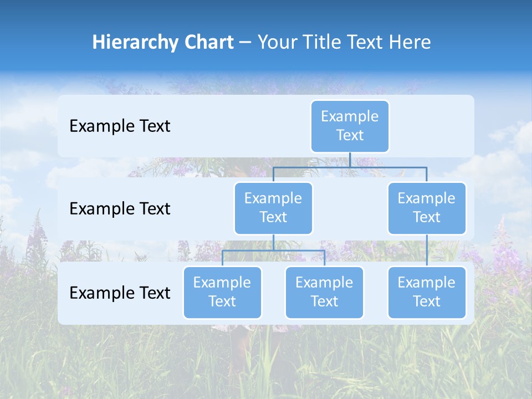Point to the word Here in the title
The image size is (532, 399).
[409, 43]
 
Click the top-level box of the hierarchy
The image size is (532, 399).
[350, 126]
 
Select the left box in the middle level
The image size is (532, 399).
[273, 208]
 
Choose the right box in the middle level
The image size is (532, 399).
[427, 208]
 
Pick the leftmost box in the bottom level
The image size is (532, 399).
[222, 292]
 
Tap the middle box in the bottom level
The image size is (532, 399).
[324, 292]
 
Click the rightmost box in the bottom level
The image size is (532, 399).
[427, 292]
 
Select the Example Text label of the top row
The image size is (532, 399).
[120, 126]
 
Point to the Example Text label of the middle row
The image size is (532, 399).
[120, 209]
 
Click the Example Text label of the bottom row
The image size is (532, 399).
[120, 293]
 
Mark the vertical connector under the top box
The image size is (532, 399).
[350, 160]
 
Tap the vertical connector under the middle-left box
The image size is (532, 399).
[273, 242]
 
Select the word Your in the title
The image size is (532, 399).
[277, 43]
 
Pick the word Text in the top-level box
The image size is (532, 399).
[350, 135]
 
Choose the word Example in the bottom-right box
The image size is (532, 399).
[427, 283]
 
